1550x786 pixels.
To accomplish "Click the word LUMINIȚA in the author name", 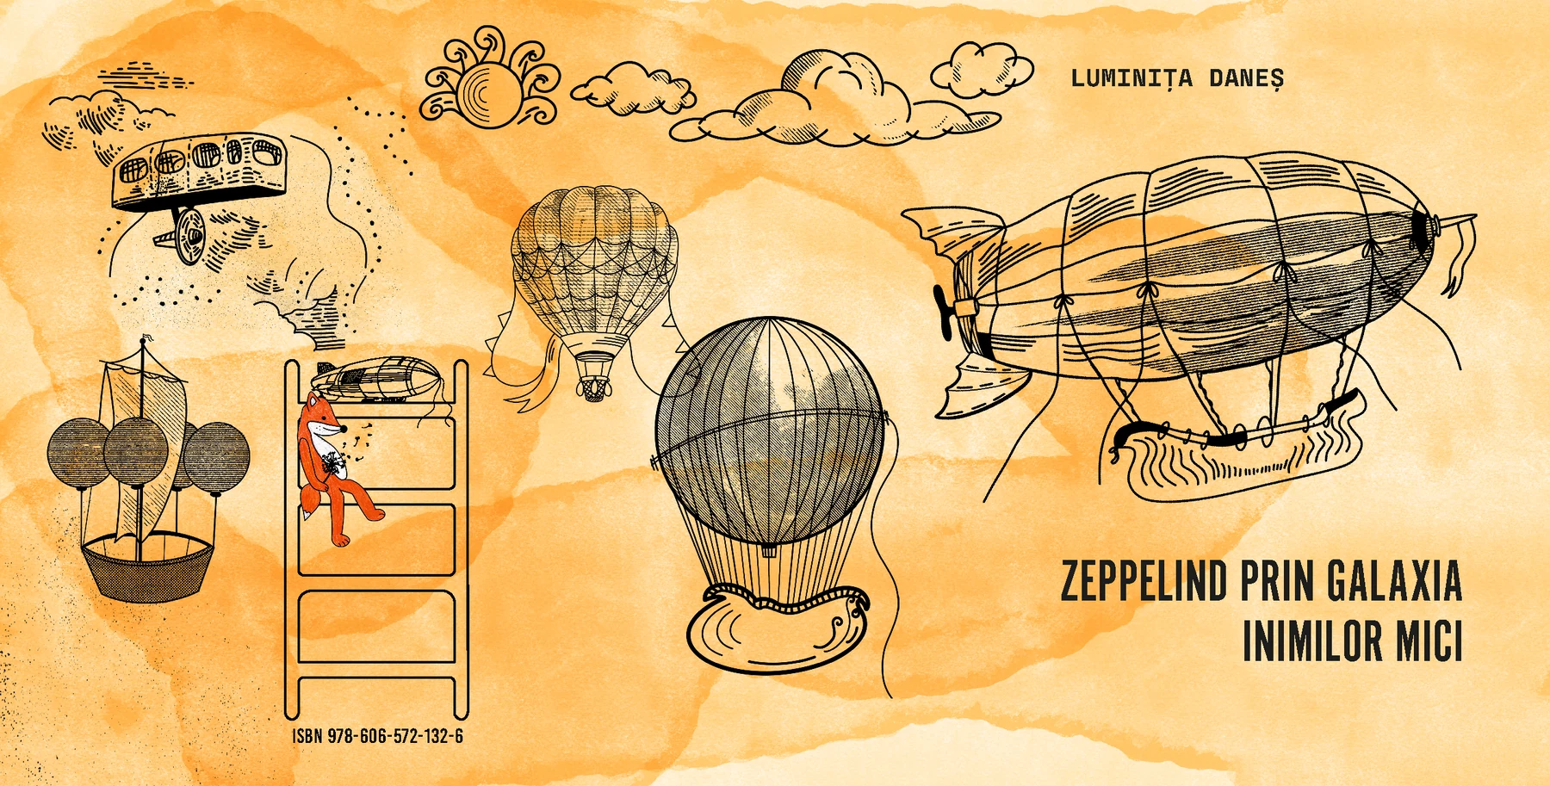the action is point(1131,78).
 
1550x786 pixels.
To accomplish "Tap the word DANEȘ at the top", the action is point(1247,78).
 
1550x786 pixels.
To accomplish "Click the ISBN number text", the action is point(378,736).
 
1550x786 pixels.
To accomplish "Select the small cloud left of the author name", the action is point(982,69).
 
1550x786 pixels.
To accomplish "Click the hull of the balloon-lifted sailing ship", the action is point(147,566).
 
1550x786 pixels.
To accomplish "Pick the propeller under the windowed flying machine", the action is point(187,233).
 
